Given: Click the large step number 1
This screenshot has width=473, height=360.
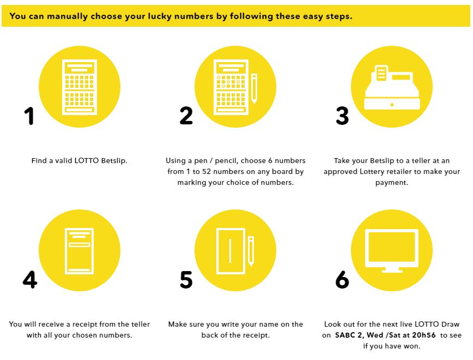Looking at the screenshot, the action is tap(29, 116).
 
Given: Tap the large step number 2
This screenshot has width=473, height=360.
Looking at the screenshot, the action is tap(186, 116).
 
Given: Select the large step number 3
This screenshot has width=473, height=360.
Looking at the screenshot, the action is tap(342, 116).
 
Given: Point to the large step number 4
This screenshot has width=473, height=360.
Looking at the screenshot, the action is tap(30, 279).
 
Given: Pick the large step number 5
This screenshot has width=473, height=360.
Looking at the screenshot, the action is tap(186, 279).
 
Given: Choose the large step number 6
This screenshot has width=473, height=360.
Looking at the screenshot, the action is tap(342, 279).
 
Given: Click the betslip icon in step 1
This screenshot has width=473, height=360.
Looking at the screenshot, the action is tap(80, 87).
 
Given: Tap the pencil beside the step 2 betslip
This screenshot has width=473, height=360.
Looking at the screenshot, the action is tap(254, 88).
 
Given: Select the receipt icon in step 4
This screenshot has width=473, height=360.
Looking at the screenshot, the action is tap(80, 251).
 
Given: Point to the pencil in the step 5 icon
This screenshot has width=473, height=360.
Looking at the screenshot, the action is tap(251, 251).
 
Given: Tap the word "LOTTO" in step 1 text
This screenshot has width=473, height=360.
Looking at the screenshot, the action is tap(87, 160).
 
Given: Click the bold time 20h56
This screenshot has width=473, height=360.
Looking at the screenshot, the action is tap(424, 335).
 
